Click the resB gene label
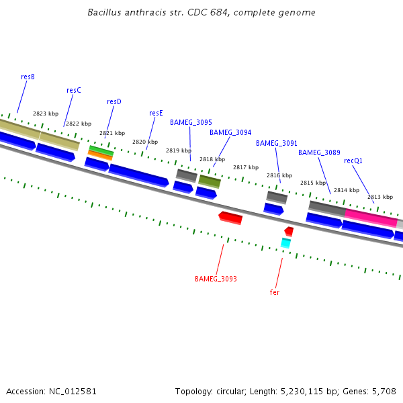tap(28, 77)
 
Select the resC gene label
tap(74, 90)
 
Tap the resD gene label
tap(114, 101)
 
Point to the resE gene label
tap(156, 113)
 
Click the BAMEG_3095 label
tap(191, 122)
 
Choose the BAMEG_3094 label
tap(230, 132)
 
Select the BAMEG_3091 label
tap(277, 143)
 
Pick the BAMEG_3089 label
tap(319, 152)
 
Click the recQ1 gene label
tap(353, 161)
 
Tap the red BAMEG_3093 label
tap(216, 279)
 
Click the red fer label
tap(275, 292)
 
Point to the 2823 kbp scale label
tap(46, 114)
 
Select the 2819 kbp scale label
tap(179, 150)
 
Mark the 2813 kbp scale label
tap(379, 197)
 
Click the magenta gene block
tap(371, 218)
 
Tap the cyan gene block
tap(285, 242)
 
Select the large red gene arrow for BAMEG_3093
tap(231, 217)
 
